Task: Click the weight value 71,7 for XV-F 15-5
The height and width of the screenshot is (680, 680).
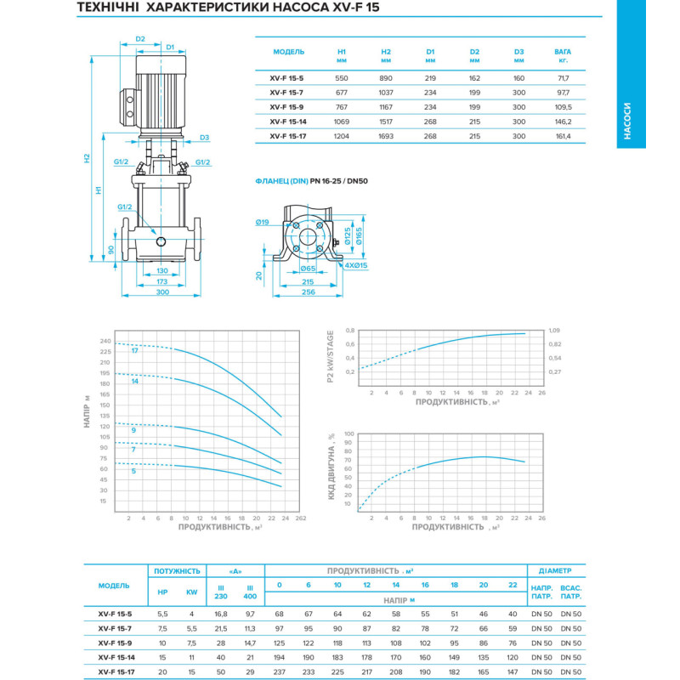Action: pos(563,78)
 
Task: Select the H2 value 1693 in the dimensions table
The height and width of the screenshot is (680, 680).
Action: pos(386,136)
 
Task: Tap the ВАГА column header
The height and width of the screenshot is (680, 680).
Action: pos(563,52)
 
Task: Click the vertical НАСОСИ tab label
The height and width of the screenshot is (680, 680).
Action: pos(627,121)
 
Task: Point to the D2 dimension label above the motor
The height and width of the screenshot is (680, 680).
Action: pos(140,39)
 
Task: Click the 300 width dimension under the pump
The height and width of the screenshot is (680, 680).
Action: pos(162,292)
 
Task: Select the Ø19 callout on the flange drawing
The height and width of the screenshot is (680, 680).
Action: pos(262,223)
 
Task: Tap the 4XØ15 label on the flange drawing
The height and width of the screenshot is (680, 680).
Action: pos(356,265)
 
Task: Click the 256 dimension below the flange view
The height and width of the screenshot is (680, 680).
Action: pos(309,292)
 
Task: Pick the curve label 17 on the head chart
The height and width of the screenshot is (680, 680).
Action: pos(135,351)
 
